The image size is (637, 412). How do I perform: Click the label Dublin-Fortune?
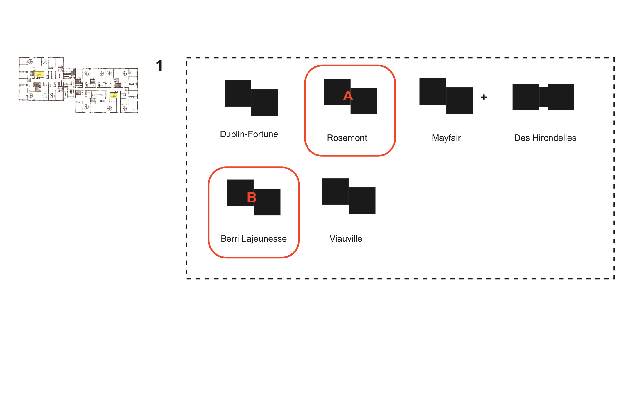(x=249, y=134)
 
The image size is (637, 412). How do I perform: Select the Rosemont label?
(x=347, y=138)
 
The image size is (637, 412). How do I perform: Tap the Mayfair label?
(x=446, y=138)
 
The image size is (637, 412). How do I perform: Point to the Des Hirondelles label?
(x=545, y=138)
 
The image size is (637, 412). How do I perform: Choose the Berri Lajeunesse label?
(x=254, y=239)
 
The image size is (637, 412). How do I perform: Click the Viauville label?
(x=346, y=239)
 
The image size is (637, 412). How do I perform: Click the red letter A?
(x=348, y=96)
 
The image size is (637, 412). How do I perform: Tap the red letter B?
(x=252, y=198)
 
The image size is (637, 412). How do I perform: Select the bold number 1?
(x=159, y=66)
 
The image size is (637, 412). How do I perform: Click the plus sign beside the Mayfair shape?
(x=484, y=97)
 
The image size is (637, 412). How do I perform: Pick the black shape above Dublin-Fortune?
(x=251, y=98)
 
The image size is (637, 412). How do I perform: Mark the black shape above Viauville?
(x=349, y=196)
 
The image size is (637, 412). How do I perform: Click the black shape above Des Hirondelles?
(x=543, y=97)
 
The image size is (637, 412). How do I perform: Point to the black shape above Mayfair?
(x=446, y=96)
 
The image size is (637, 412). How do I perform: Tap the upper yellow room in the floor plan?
(x=39, y=74)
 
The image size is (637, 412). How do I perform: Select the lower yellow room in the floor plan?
(x=113, y=95)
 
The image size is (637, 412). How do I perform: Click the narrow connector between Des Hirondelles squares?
(x=543, y=97)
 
